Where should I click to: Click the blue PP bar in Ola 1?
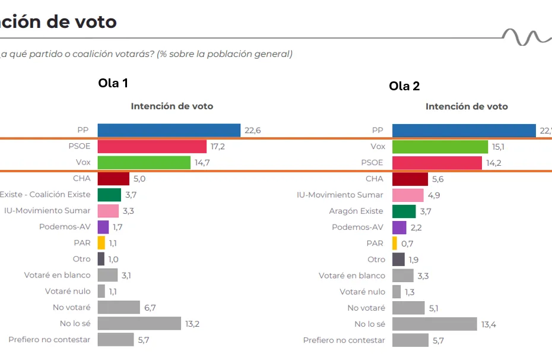169,130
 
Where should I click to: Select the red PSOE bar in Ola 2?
437,163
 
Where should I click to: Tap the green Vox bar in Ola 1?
144,162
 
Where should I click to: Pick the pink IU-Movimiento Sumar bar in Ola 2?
408,195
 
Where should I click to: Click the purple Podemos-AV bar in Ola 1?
103,227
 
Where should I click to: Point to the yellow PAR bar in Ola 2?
395,243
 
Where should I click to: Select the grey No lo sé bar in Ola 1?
139,323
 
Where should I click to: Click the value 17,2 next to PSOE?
217,146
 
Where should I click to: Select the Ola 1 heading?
113,83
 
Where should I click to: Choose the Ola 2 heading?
404,86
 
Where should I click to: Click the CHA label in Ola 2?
375,179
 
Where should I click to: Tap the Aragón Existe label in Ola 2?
356,211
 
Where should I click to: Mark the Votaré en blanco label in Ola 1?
58,275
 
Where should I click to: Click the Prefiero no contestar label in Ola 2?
344,340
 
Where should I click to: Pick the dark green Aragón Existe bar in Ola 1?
109,194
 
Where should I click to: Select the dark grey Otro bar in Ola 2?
398,260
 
